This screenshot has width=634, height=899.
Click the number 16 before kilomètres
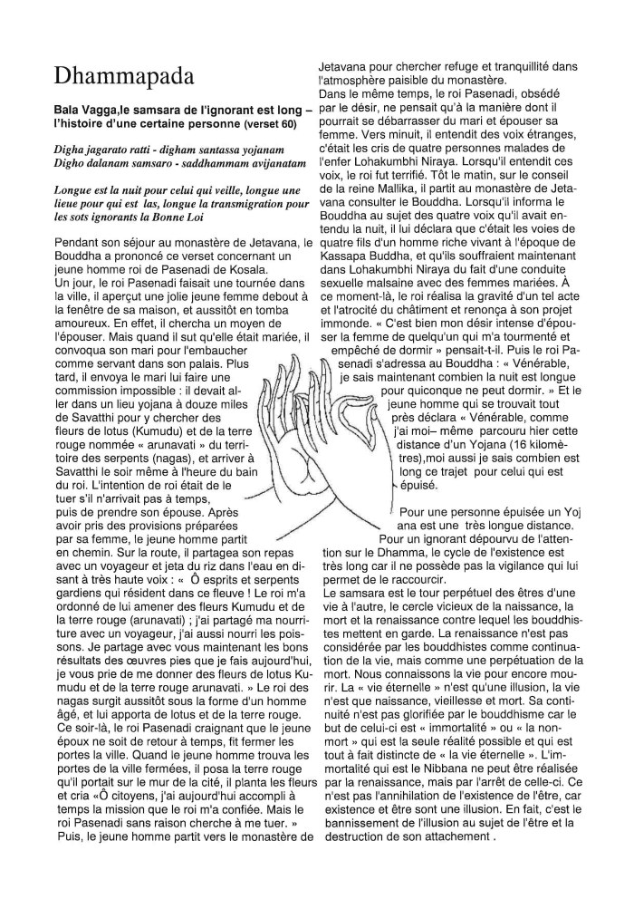(540, 444)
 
